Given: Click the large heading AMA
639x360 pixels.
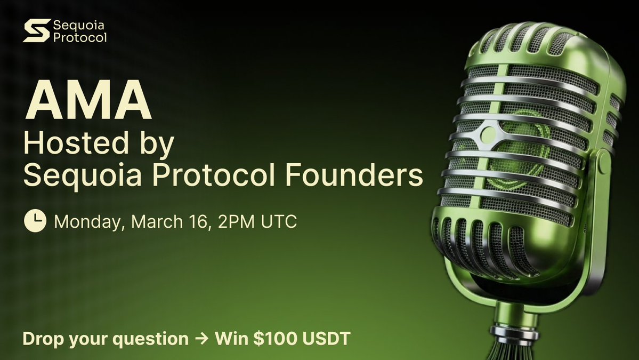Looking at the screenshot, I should coord(88,101).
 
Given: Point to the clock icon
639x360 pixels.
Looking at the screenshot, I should coord(35,221).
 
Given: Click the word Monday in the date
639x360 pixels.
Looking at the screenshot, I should coord(88,221).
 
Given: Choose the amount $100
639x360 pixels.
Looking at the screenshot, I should coord(266,339).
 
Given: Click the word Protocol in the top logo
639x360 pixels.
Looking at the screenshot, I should coord(80,37).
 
